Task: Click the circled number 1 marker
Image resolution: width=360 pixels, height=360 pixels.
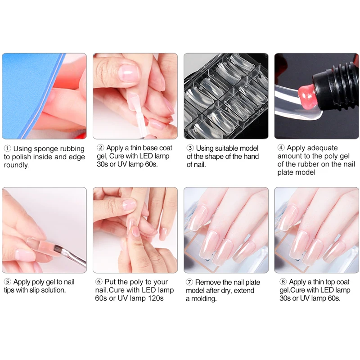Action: [x=8, y=148]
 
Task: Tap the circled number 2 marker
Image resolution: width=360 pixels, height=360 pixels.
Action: [x=100, y=148]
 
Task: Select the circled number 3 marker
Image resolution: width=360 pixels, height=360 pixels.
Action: [x=190, y=148]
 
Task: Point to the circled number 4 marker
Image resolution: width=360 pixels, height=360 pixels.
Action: [x=281, y=148]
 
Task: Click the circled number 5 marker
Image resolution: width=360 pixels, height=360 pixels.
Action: [x=8, y=282]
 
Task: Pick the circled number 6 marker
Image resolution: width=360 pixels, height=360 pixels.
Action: [x=99, y=282]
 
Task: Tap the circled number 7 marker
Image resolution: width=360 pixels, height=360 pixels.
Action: [x=189, y=282]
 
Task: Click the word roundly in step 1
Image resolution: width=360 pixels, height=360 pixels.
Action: [x=16, y=165]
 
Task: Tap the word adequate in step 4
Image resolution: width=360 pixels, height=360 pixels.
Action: [x=323, y=148]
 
